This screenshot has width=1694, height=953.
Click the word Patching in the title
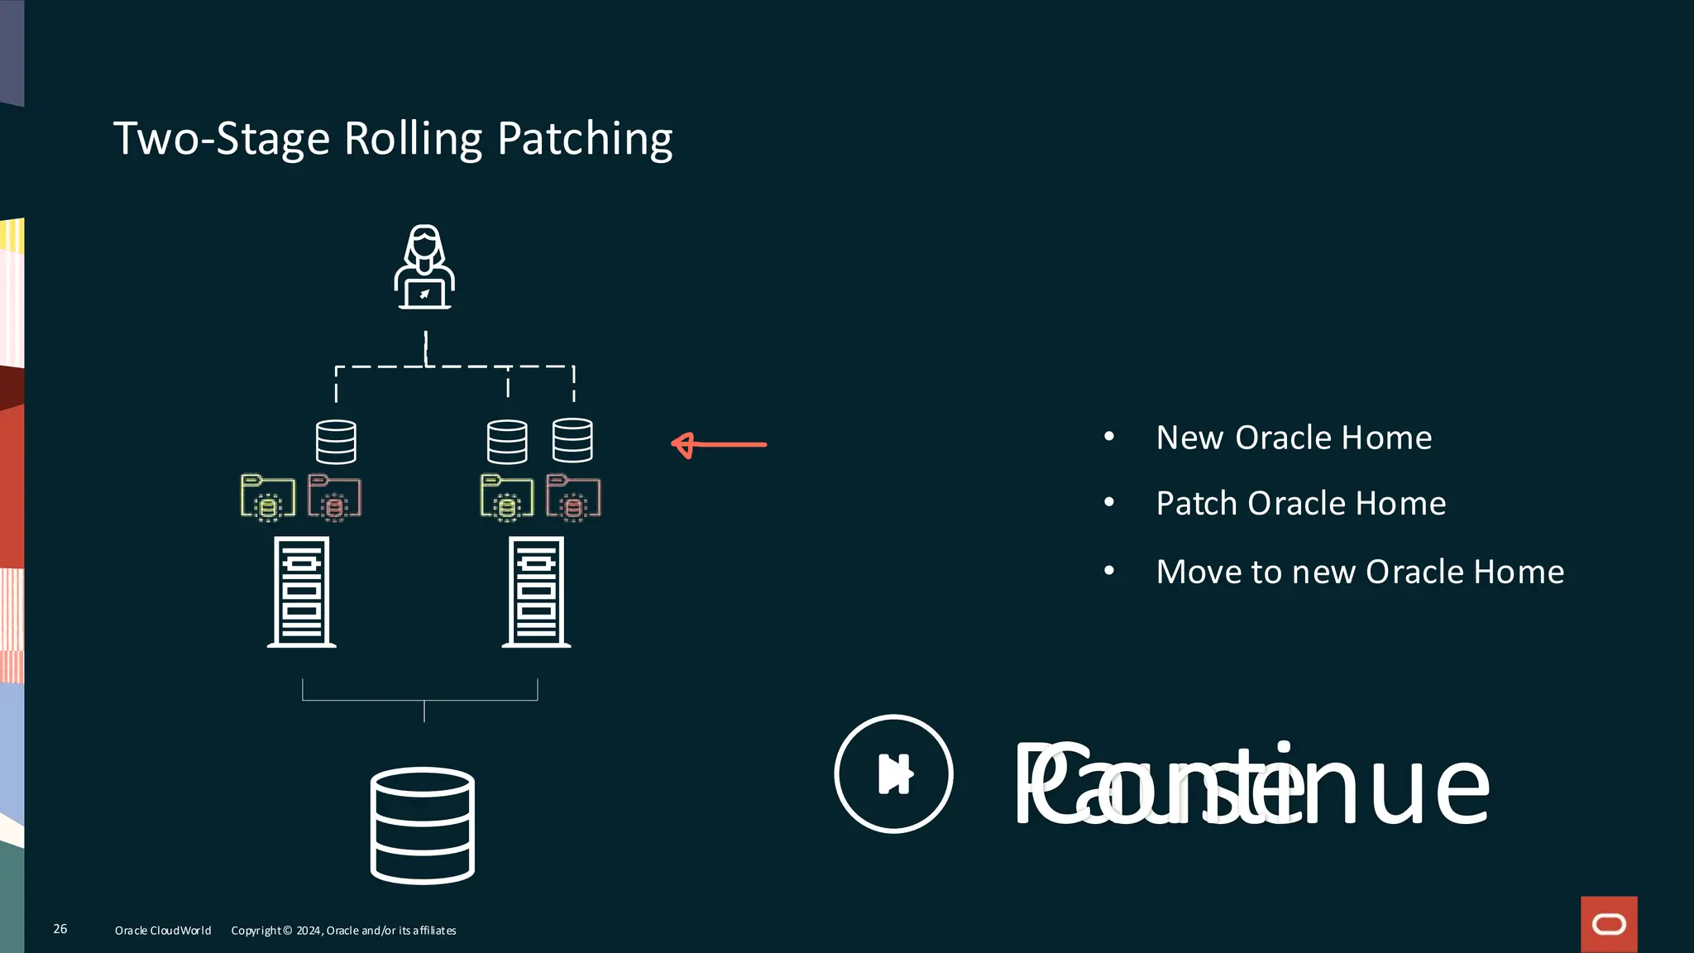[x=585, y=139]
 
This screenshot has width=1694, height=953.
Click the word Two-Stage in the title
[x=222, y=139]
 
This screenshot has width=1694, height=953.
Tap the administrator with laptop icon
[x=424, y=267]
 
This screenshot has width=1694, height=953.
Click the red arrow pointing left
[x=718, y=445]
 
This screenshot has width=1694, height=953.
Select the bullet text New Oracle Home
[x=1294, y=438]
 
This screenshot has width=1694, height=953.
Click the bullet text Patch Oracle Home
[x=1300, y=504]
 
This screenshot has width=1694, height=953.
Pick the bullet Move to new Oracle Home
[x=1360, y=572]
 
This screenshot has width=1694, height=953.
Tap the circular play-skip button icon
[x=893, y=773]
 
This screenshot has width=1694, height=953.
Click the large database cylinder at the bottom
[x=423, y=826]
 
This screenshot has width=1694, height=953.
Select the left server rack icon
[x=302, y=591]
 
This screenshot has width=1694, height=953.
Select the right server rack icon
[x=537, y=591]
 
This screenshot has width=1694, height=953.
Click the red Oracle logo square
[x=1609, y=924]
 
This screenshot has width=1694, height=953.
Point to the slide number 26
[x=60, y=929]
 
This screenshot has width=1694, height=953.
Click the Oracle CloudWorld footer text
[x=163, y=931]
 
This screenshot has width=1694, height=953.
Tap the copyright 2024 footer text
[x=343, y=931]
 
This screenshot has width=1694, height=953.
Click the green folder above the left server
[x=267, y=497]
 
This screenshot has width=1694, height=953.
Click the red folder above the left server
[x=334, y=497]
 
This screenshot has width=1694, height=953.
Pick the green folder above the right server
[x=507, y=497]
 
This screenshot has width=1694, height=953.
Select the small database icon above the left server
[x=336, y=442]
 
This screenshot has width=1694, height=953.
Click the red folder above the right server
[x=573, y=497]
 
